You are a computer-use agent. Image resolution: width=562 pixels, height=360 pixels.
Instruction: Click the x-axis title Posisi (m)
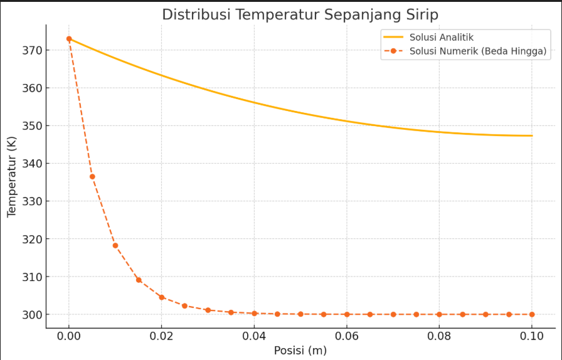tap(300, 351)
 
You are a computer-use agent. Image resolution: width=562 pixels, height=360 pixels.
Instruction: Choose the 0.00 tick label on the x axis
tap(69, 335)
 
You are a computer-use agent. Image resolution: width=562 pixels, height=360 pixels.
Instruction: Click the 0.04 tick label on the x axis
tap(254, 335)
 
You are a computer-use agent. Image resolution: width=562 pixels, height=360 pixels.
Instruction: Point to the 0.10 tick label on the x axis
tap(532, 335)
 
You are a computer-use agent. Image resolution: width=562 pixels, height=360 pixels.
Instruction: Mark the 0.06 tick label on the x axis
tap(347, 335)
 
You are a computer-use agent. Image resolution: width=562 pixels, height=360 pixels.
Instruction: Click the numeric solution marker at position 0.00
tap(69, 39)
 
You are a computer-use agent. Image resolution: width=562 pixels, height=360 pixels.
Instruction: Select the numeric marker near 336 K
tap(92, 177)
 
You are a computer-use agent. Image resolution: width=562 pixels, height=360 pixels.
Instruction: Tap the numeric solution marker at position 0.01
tap(115, 245)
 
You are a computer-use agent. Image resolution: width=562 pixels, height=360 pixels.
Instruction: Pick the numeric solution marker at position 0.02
tap(162, 297)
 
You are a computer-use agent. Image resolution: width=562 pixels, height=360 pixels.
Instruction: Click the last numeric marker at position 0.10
tap(532, 314)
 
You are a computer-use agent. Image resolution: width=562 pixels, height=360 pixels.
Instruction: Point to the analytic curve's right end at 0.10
tap(532, 135)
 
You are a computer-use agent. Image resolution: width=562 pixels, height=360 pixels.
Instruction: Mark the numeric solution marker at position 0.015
tap(139, 280)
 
